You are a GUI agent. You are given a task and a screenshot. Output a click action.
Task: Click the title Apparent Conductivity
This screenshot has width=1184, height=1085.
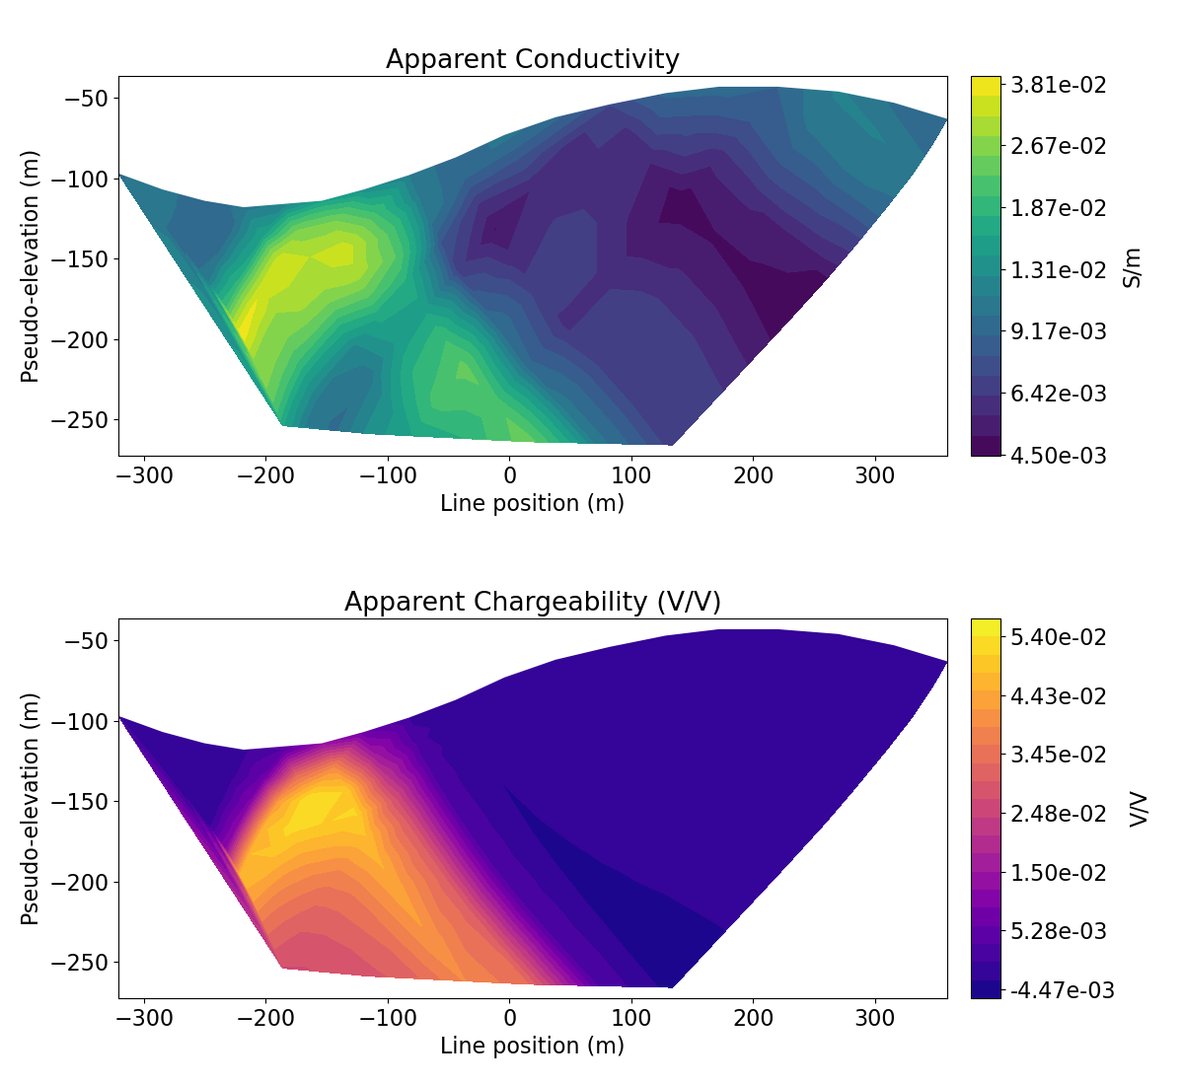click(532, 59)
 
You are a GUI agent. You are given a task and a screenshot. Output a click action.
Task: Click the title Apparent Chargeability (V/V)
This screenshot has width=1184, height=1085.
click(532, 602)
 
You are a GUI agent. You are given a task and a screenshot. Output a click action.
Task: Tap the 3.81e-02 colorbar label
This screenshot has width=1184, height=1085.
click(1058, 85)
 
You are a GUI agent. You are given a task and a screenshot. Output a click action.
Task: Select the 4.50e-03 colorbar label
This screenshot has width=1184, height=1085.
click(1058, 455)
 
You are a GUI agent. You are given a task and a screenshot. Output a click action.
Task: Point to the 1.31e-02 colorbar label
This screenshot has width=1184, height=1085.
click(1058, 269)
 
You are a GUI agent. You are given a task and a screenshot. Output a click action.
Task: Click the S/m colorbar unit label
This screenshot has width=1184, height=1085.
click(1133, 266)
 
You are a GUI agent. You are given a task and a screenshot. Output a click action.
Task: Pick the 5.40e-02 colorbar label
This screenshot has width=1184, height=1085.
click(1058, 637)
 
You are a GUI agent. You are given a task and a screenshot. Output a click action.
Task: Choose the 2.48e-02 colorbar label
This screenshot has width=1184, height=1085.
click(1058, 814)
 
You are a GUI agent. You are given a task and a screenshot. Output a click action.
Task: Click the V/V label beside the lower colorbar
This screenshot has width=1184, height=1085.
click(1139, 809)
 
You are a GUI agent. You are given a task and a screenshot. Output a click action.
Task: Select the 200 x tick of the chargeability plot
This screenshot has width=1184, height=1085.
click(753, 1019)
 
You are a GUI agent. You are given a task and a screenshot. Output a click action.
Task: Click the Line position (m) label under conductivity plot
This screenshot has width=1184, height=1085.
click(532, 504)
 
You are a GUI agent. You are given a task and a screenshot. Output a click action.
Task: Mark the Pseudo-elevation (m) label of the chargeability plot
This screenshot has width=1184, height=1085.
click(31, 809)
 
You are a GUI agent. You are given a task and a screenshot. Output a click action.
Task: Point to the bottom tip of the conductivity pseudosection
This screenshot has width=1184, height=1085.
click(671, 445)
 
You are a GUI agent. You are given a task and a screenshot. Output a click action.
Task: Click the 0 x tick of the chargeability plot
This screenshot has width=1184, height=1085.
click(509, 1019)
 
